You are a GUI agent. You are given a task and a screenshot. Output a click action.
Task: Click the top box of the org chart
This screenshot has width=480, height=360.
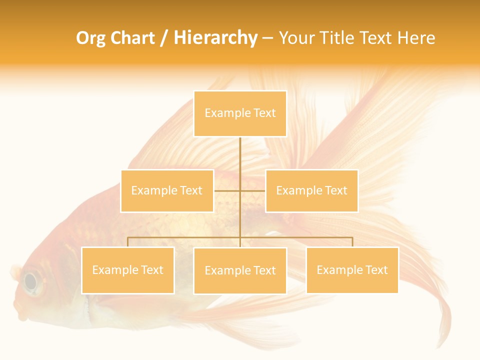point(240,113)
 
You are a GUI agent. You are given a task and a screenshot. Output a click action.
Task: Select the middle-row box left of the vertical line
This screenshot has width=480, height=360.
point(167,190)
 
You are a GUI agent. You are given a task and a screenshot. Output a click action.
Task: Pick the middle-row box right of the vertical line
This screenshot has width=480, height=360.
point(311,190)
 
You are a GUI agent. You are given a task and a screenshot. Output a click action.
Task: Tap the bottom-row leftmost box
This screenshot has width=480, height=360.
point(127,270)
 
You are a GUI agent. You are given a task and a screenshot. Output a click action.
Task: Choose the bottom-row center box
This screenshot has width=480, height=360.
point(240,270)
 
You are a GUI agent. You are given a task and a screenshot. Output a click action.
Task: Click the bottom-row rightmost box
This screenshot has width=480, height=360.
point(352,270)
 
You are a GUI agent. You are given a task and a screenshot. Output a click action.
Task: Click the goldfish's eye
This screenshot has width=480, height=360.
point(31,281)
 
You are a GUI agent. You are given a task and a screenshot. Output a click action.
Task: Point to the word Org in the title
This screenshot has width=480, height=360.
point(90,38)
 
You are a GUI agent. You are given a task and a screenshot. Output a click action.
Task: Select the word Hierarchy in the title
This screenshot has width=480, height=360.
point(215,38)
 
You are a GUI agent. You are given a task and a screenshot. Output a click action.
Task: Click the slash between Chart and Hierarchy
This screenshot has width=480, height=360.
point(164,38)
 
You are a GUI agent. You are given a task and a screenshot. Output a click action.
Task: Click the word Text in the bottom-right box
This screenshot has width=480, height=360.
point(375,270)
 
